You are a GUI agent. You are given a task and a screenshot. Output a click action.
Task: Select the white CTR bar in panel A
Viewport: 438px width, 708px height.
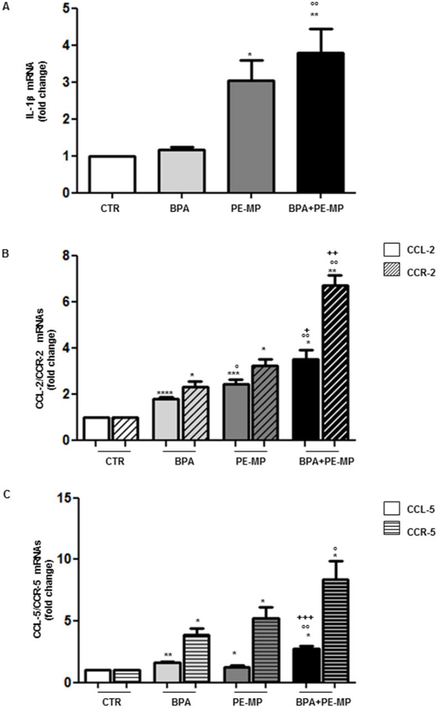(112, 174)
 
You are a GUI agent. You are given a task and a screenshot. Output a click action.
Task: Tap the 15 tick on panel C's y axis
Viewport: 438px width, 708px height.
(69, 498)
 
